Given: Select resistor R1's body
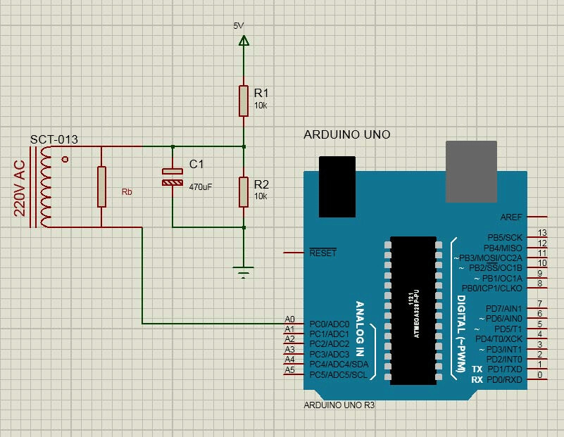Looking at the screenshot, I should pyautogui.click(x=244, y=101).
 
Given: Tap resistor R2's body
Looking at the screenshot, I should pyautogui.click(x=244, y=192).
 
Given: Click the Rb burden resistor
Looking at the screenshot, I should pyautogui.click(x=101, y=186).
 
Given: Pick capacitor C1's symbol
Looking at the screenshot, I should pyautogui.click(x=173, y=177).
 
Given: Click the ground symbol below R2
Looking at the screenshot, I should pyautogui.click(x=244, y=271).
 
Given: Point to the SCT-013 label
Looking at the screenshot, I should pyautogui.click(x=54, y=139).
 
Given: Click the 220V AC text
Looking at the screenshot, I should pyautogui.click(x=20, y=188).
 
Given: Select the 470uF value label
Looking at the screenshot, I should pyautogui.click(x=200, y=186).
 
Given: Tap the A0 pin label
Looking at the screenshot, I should pyautogui.click(x=289, y=319).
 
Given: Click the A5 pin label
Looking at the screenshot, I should pyautogui.click(x=289, y=369).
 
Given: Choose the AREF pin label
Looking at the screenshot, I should pyautogui.click(x=511, y=217).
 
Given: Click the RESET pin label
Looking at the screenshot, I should pyautogui.click(x=323, y=253).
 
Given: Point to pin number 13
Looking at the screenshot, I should pyautogui.click(x=541, y=233).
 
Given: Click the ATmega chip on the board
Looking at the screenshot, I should pyautogui.click(x=413, y=310).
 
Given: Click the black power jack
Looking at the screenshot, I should pyautogui.click(x=337, y=186).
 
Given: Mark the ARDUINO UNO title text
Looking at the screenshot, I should pyautogui.click(x=346, y=134).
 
